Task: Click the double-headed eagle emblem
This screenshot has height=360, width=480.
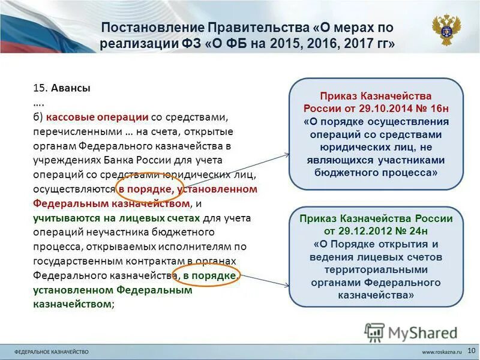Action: click(446, 29)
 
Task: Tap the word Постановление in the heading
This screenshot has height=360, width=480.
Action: click(152, 28)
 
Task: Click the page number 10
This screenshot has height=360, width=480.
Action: click(470, 350)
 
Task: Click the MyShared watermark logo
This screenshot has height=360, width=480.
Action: click(412, 332)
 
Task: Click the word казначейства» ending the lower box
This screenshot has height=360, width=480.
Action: click(376, 295)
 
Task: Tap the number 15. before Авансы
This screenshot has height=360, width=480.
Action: click(40, 88)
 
